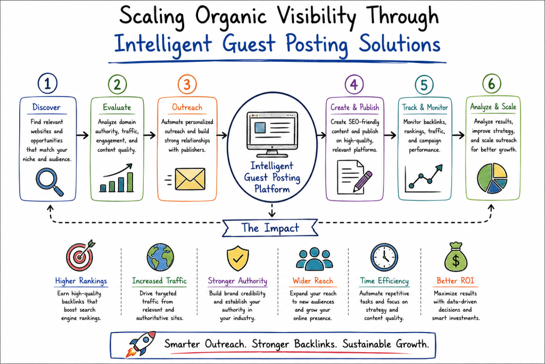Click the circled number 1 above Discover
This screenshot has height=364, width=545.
point(47,84)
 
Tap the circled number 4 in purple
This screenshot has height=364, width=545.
point(354,85)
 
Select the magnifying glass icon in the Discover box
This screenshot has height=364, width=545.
point(49,182)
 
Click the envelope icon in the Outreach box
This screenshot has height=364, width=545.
point(190,179)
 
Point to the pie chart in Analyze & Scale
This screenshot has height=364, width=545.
point(492,178)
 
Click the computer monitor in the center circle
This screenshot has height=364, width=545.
point(272,134)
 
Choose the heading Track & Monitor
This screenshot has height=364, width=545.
point(425,107)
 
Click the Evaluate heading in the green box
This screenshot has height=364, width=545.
point(117,107)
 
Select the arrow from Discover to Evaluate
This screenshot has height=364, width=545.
point(82,135)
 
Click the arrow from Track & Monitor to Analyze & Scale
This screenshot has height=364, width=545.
point(458,135)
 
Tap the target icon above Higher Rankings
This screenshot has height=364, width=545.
point(81,255)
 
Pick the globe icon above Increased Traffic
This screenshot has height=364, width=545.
point(160,257)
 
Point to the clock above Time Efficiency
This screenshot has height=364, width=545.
point(384,257)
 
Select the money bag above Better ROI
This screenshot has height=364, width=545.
point(456,257)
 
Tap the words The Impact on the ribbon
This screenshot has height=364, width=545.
point(270,228)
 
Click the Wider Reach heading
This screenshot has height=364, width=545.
point(313,281)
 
